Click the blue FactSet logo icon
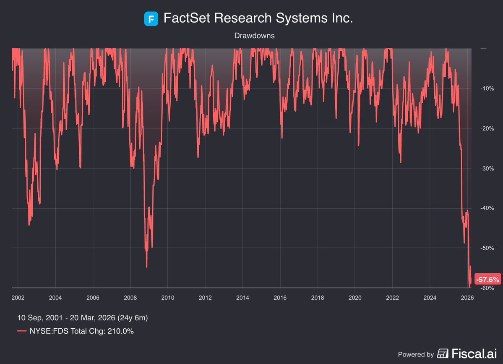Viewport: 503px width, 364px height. (x=151, y=19)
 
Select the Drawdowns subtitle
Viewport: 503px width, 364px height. (x=255, y=36)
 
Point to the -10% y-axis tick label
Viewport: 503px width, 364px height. (x=487, y=89)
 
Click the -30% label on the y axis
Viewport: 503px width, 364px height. (x=487, y=168)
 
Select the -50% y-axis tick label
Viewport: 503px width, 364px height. (x=487, y=248)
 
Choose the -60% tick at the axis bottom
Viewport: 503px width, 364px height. (x=487, y=288)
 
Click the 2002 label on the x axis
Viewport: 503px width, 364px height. (x=18, y=298)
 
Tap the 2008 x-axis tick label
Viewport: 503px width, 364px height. (x=130, y=298)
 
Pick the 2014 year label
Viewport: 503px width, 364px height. (x=242, y=298)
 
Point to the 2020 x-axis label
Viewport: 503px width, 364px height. (x=355, y=298)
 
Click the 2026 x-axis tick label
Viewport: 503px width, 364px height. (x=467, y=298)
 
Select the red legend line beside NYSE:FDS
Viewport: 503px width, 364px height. (x=22, y=331)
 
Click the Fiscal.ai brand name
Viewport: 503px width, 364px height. (x=473, y=354)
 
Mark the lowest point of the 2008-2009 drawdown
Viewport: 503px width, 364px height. (x=146, y=267)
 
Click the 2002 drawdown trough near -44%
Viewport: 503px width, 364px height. (x=29, y=225)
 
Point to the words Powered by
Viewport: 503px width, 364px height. (x=416, y=354)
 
